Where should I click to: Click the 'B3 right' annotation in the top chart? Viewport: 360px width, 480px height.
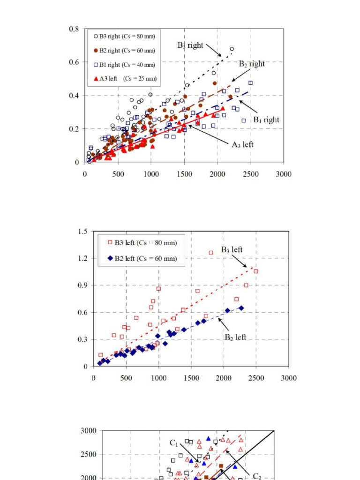click(x=190, y=45)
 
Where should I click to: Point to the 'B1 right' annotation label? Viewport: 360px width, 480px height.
click(x=266, y=120)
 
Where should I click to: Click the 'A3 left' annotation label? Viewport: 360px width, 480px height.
click(x=242, y=145)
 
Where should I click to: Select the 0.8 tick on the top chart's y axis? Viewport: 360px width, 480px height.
click(x=74, y=29)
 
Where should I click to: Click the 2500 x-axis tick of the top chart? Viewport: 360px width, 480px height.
click(x=250, y=174)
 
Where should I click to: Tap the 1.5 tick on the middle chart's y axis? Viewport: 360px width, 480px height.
click(x=82, y=231)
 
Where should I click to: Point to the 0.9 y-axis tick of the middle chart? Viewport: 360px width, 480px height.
click(x=82, y=285)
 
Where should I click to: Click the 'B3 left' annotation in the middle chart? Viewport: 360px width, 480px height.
click(x=232, y=250)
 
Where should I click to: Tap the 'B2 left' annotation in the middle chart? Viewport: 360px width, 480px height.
click(x=235, y=337)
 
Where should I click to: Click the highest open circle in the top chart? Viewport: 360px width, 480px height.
click(x=232, y=49)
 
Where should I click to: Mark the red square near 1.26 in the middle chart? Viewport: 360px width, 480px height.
click(x=211, y=253)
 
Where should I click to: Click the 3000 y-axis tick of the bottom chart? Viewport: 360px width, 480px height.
click(x=89, y=430)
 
